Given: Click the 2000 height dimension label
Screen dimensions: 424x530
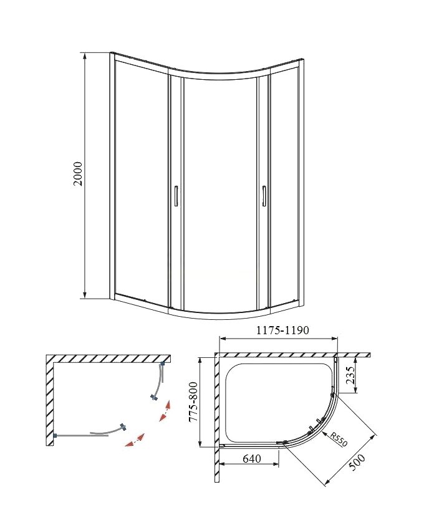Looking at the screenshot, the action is tap(78, 174).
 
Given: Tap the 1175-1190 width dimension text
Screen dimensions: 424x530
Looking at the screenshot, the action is tap(282, 330).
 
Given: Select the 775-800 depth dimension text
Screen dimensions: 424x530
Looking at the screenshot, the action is tap(193, 402).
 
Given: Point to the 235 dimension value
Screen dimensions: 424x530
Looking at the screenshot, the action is tap(350, 375).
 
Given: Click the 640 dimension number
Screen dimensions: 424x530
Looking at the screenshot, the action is tap(252, 458).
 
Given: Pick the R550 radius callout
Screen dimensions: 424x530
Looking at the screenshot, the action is tap(339, 440).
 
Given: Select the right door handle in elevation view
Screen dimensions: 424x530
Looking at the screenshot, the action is tap(264, 195).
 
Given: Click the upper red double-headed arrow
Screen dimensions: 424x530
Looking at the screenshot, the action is tap(165, 411).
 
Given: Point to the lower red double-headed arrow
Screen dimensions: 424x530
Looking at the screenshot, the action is tap(135, 440).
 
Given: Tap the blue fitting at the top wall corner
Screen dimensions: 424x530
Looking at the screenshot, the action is tap(163, 364).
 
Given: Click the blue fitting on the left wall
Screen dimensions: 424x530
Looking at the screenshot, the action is tap(55, 435).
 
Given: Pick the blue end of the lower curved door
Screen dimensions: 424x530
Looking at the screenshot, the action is tap(123, 427).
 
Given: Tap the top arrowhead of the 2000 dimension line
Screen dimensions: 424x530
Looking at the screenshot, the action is tap(85, 57).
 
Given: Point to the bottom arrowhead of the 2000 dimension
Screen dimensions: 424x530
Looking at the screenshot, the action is tap(85, 295).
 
